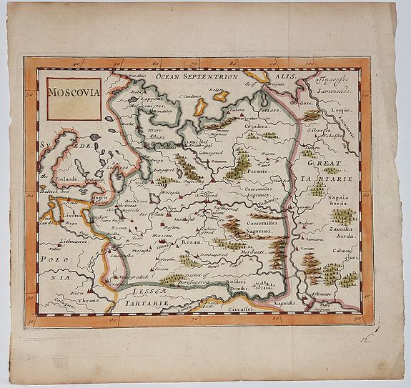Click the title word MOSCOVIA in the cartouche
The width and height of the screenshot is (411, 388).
click(x=73, y=92)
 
